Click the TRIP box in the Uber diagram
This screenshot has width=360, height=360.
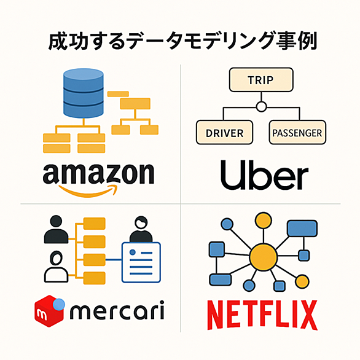pos(261,80)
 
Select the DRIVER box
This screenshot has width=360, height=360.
pos(225,133)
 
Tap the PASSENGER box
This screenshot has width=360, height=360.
pos(297,133)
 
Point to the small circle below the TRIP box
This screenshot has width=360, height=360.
pos(261,106)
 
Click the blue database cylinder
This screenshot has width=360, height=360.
pos(84,93)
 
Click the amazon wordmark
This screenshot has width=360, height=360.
pos(98,173)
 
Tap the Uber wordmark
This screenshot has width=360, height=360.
pos(264,174)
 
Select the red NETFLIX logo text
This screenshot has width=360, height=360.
pos(262,315)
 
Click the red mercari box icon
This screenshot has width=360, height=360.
pos(49,311)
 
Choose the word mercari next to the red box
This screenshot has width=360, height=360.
pos(117,310)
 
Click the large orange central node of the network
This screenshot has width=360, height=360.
pos(264,257)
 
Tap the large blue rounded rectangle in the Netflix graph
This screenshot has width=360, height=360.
pos(302,228)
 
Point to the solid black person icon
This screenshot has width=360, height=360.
pos(56,229)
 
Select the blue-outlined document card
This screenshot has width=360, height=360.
pos(141,262)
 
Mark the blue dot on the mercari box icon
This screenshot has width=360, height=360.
pos(59,305)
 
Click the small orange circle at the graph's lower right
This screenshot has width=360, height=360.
pos(302,281)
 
